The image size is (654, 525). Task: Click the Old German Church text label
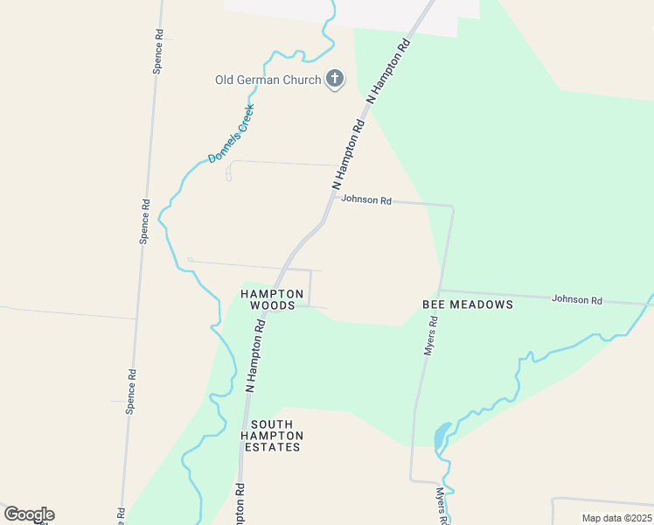[268, 80]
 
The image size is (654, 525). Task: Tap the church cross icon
[333, 80]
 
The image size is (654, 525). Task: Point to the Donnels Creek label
[231, 134]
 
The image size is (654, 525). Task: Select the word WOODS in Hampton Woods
[272, 306]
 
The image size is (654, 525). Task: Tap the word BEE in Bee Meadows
[435, 304]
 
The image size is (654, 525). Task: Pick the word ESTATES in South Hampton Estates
[272, 447]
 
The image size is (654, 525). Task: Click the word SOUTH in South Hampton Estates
[272, 423]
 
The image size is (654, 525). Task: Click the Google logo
[29, 514]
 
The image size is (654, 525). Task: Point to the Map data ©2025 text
[616, 519]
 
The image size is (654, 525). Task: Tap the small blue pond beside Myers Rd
[442, 434]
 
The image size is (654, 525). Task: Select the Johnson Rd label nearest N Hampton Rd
[365, 199]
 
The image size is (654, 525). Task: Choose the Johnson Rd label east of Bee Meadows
[577, 300]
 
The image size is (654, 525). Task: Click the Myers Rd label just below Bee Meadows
[430, 334]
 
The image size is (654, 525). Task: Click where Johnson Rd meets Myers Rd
[441, 290]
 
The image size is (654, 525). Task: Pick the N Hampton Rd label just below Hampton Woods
[254, 354]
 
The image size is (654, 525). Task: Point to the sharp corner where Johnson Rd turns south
[452, 207]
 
